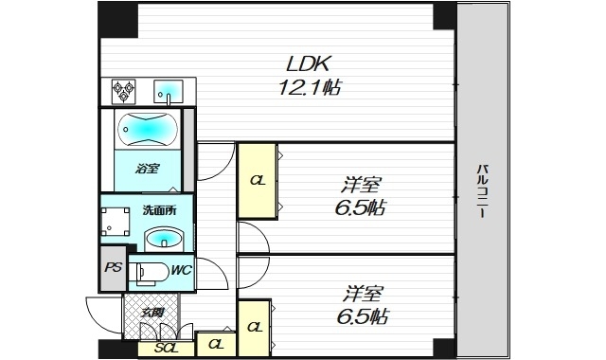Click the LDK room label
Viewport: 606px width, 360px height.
click(x=308, y=66)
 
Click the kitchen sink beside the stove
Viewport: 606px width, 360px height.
click(x=170, y=92)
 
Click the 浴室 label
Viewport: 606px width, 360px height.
click(x=147, y=170)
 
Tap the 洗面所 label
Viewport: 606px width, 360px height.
click(x=158, y=210)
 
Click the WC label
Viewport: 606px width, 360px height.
click(x=182, y=271)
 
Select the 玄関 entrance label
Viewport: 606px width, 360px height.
click(x=153, y=312)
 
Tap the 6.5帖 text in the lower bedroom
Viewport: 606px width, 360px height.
click(x=361, y=315)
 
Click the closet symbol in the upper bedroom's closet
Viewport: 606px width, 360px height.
click(x=256, y=178)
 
